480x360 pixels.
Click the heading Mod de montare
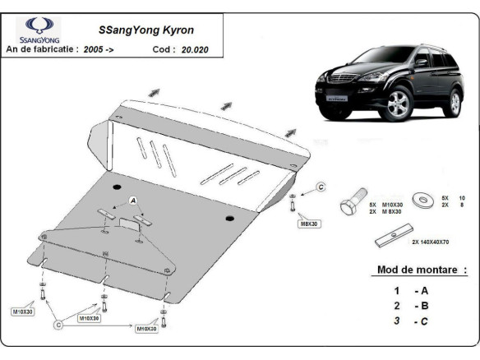point(421,270)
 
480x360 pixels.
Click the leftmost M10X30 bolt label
point(22,312)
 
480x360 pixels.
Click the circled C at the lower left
point(58,325)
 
